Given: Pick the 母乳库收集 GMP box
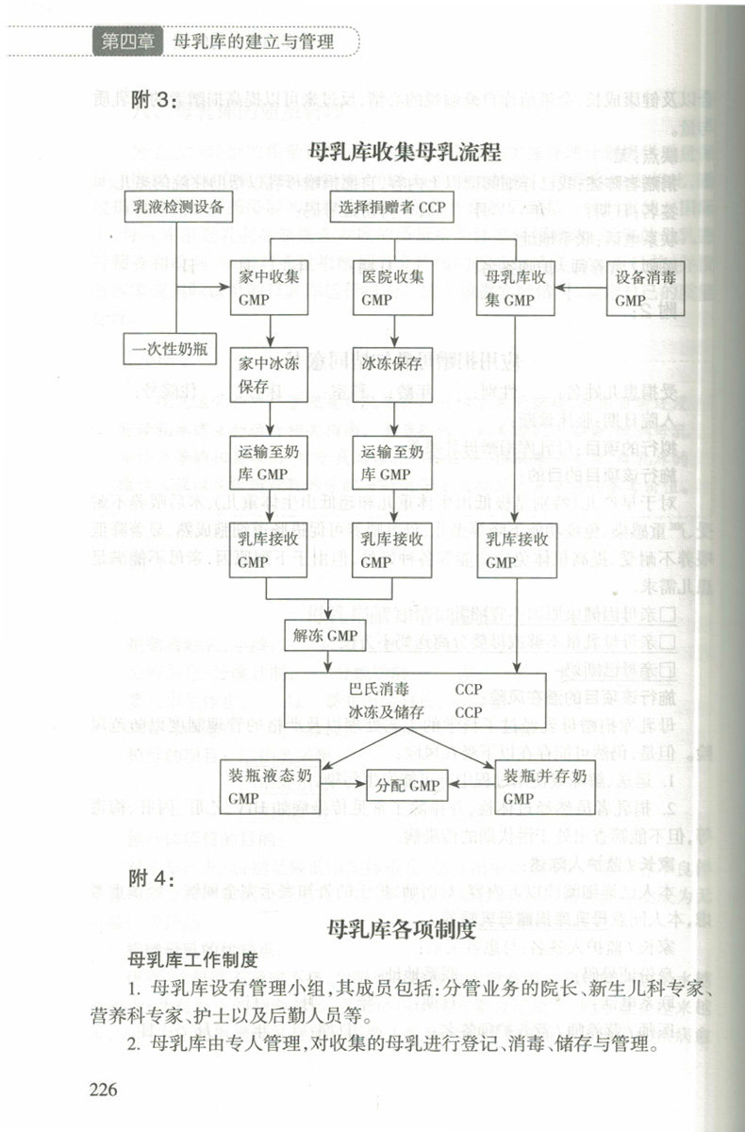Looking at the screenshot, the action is click(x=513, y=287).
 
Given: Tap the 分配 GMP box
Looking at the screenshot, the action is click(x=407, y=784).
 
